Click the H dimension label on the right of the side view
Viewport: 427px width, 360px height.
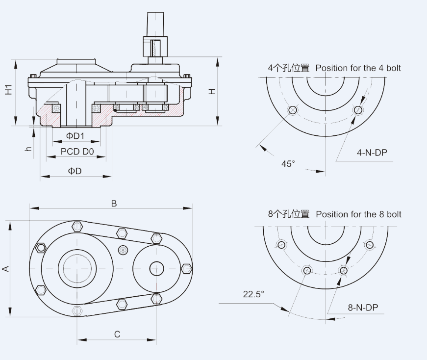tap(212, 92)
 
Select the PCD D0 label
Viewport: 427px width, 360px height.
tap(77, 152)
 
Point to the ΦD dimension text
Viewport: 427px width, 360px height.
tap(75, 171)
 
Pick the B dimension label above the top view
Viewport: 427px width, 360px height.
tap(114, 204)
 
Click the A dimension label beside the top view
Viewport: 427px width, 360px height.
tap(6, 268)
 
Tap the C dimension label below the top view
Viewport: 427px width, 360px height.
tap(117, 334)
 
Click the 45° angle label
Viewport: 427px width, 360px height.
tap(288, 163)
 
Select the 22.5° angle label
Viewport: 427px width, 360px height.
tap(253, 294)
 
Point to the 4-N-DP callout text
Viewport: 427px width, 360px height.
tap(372, 153)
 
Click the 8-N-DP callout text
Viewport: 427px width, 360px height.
tap(363, 308)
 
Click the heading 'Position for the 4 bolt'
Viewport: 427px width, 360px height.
tap(358, 68)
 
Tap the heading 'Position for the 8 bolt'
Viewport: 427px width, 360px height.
tap(358, 214)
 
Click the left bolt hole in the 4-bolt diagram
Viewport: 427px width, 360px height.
tap(293, 110)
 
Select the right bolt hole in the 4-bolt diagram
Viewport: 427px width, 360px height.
tap(358, 110)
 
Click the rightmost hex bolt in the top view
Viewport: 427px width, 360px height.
tap(186, 268)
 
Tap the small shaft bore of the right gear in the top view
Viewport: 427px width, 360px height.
tap(156, 268)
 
